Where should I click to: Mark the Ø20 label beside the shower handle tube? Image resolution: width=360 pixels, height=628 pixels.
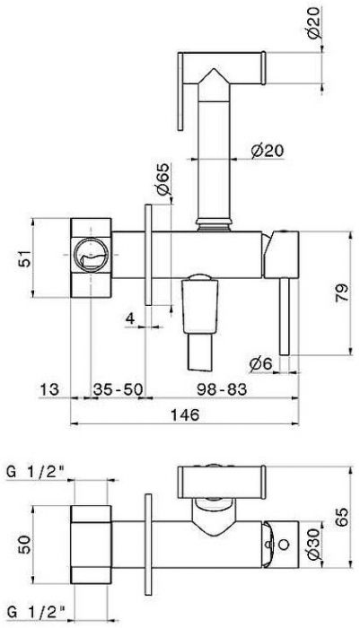(x=267, y=150)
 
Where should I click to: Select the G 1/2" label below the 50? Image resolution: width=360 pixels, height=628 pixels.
(x=34, y=613)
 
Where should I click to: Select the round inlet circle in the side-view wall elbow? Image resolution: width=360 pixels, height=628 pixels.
(x=92, y=260)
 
